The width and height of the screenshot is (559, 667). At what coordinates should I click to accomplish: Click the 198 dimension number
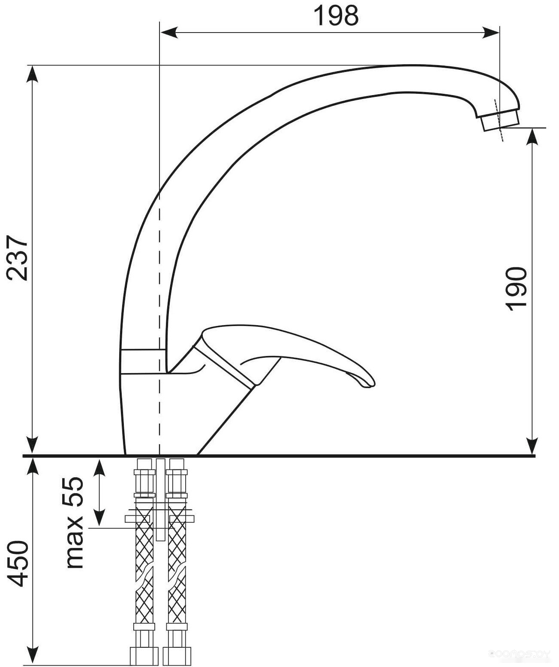(x=336, y=15)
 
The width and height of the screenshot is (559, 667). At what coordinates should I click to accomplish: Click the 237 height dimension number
(x=18, y=258)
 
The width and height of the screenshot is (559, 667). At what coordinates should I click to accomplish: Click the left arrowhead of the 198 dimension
(x=169, y=32)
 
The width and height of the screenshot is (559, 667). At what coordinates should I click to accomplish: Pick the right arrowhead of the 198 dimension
(x=490, y=32)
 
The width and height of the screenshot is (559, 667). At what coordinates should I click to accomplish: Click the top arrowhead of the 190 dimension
(x=532, y=137)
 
